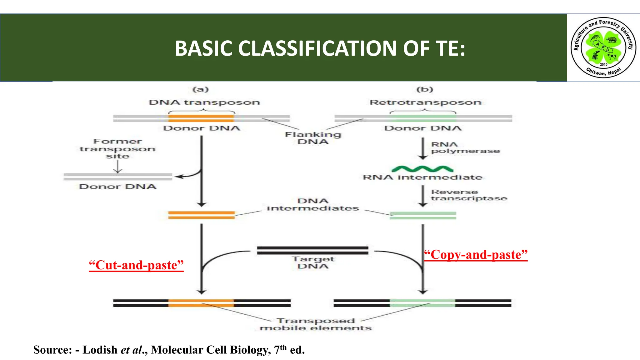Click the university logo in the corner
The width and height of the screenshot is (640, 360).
tap(603, 47)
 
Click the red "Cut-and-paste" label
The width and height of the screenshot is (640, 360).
tap(136, 265)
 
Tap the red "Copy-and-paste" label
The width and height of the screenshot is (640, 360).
tap(476, 254)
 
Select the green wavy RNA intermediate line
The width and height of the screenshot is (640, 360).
tap(422, 169)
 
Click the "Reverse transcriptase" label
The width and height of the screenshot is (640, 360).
tap(469, 195)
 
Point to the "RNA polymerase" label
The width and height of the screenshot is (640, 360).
tap(465, 147)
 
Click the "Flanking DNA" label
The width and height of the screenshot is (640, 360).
tap(313, 138)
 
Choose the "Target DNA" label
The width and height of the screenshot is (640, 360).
tap(313, 262)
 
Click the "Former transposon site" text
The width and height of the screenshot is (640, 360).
tap(117, 149)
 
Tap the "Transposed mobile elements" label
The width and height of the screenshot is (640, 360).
tap(316, 324)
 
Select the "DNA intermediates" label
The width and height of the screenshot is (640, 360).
tap(313, 204)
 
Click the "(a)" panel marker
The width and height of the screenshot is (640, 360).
tap(201, 89)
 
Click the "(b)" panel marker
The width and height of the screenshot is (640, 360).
tap(425, 89)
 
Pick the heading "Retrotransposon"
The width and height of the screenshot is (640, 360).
tap(425, 102)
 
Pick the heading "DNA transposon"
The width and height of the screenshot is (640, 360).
tap(204, 102)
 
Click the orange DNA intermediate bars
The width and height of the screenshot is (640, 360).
tap(201, 215)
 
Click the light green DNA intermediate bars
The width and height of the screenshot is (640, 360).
tap(423, 215)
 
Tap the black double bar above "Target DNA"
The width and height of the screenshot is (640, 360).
tap(312, 250)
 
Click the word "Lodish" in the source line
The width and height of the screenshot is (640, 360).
tap(100, 350)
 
